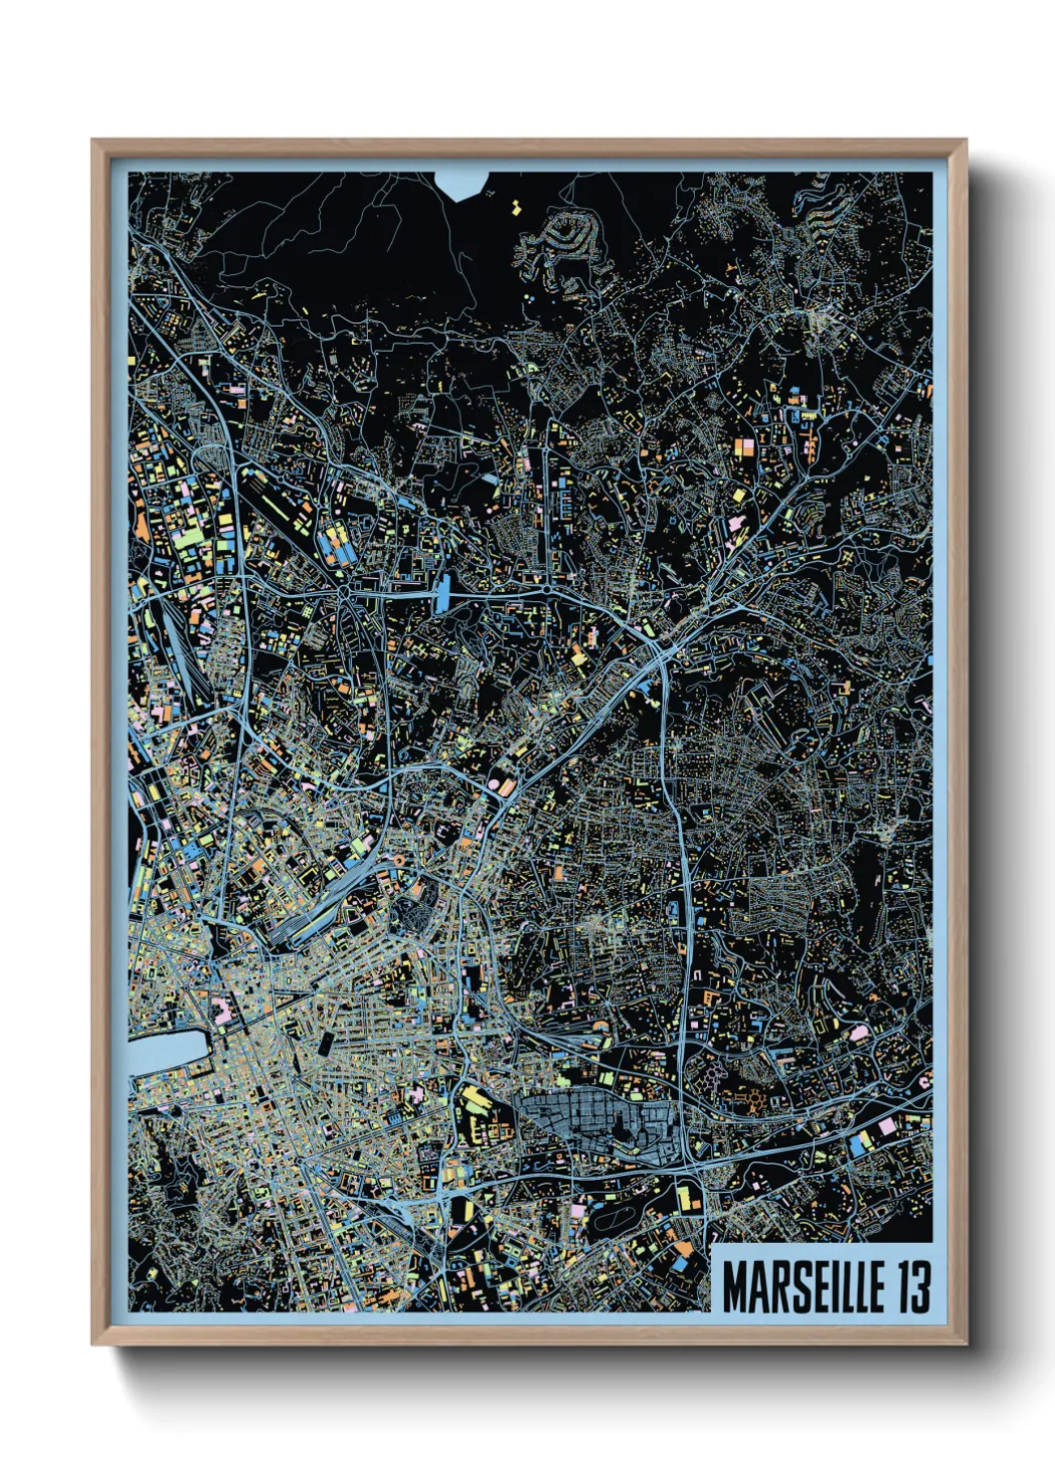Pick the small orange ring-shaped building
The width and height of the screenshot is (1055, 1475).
tap(399, 859)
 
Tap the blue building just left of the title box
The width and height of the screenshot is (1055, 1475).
tap(681, 1262)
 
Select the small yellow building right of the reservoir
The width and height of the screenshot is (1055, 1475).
tap(516, 207)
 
